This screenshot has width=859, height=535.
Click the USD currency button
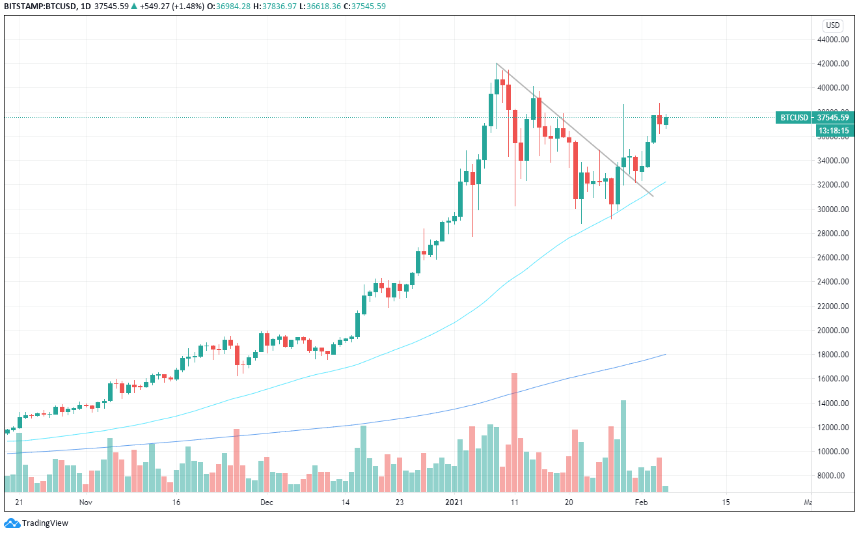(x=833, y=25)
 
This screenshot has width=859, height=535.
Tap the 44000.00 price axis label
(x=833, y=39)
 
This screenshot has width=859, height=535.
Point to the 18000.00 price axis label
(x=833, y=355)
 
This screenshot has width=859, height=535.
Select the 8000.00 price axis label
(x=835, y=476)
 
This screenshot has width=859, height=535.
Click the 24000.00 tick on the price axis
(x=833, y=282)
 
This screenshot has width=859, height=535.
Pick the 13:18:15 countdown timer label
(x=833, y=130)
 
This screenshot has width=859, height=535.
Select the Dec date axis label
(x=266, y=502)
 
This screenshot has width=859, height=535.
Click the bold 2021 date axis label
(x=452, y=502)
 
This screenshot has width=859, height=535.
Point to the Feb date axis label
(x=642, y=502)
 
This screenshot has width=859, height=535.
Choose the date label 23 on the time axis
(x=400, y=502)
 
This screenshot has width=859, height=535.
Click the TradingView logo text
(x=45, y=523)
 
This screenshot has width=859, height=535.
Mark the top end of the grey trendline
(x=497, y=63)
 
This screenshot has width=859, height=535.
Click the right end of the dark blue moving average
(x=665, y=355)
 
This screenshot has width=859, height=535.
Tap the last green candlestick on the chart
(x=666, y=120)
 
